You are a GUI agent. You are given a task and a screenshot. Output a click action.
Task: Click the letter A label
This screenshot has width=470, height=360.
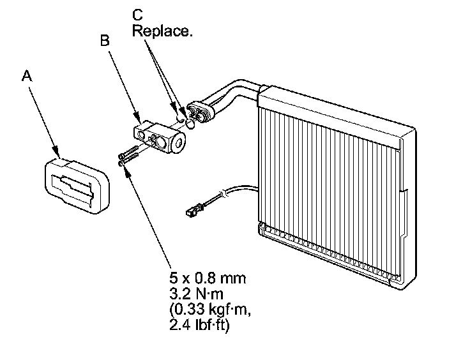tap(26, 76)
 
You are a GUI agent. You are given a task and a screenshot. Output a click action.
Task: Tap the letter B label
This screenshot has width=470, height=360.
tap(106, 40)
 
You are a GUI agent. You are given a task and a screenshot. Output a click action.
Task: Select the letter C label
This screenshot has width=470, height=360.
tap(138, 13)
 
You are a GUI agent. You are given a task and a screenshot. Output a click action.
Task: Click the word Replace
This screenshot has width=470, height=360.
tap(162, 31)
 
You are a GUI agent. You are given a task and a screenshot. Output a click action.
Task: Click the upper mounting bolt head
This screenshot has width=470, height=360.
tap(120, 156)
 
